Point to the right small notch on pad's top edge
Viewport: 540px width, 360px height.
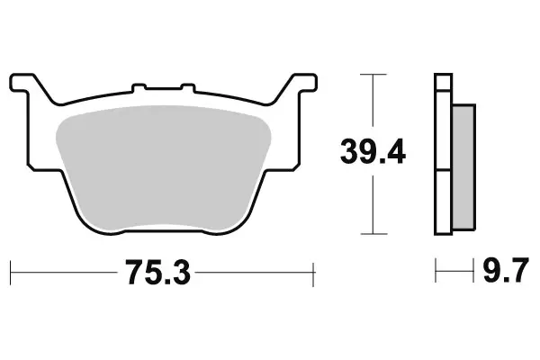(187, 87)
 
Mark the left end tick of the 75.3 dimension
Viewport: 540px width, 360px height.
(10, 269)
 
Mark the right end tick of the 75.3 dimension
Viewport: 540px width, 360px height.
(312, 269)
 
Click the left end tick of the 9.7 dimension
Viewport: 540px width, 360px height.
(436, 269)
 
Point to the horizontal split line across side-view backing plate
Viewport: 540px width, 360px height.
(442, 168)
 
